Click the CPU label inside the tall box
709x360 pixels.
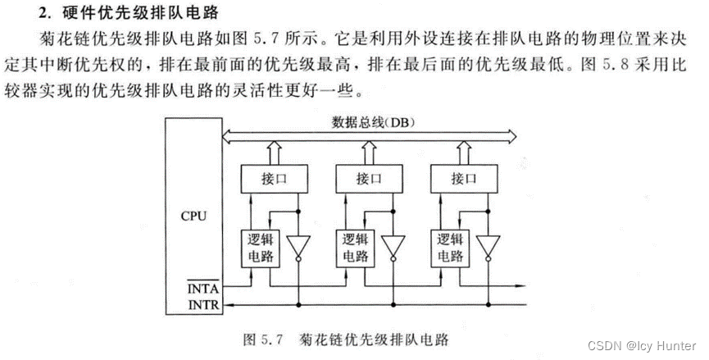(x=193, y=216)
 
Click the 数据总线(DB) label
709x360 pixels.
(x=373, y=122)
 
